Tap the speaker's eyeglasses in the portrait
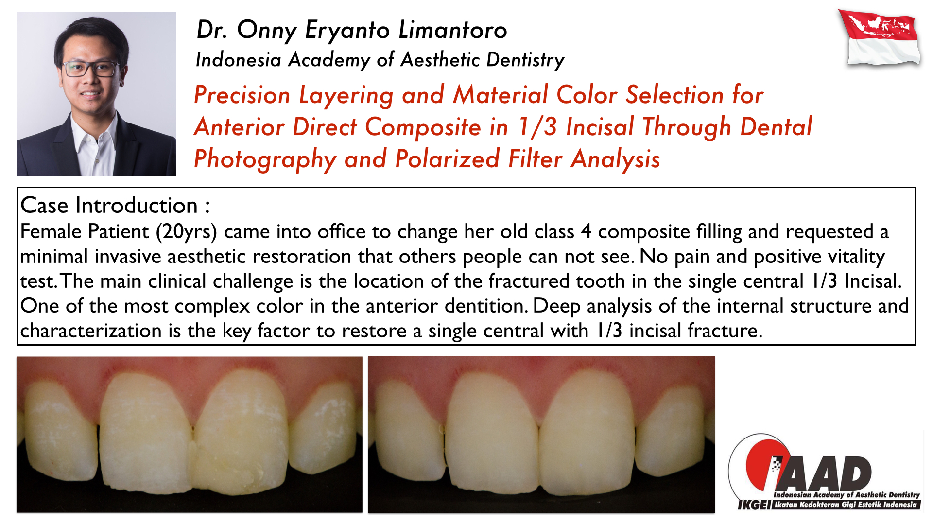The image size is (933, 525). [92, 69]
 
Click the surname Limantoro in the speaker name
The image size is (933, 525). [453, 30]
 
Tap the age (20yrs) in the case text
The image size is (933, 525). [186, 232]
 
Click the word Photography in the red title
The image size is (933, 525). [265, 159]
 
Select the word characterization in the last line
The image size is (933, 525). [91, 331]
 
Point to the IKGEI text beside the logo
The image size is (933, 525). [754, 505]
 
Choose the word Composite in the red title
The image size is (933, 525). [423, 127]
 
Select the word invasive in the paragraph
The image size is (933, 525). [128, 257]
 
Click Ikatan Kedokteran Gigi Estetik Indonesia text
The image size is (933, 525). [846, 505]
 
